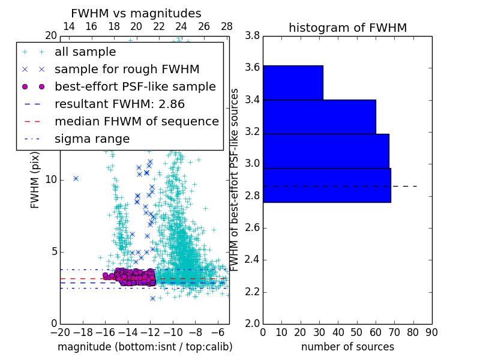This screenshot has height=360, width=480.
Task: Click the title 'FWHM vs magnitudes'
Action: click(136, 13)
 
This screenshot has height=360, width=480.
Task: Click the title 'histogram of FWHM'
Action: click(347, 28)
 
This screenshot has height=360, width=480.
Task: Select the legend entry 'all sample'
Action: click(85, 52)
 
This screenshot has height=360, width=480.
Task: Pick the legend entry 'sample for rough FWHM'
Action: click(127, 69)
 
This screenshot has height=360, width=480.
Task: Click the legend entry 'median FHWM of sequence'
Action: click(136, 121)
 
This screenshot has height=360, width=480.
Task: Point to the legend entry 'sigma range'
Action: click(92, 139)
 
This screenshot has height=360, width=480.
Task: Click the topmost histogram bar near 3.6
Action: click(293, 82)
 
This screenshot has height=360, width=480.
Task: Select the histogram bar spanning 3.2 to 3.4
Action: click(319, 116)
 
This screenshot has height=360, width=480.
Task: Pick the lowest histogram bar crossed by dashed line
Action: click(327, 185)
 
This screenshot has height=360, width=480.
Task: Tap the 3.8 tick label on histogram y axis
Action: click(253, 36)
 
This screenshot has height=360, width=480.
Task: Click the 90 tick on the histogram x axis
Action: click(431, 332)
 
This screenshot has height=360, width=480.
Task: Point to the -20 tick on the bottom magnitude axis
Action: click(60, 332)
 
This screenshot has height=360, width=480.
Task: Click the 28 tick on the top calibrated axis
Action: click(227, 26)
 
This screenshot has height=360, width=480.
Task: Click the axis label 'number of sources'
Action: click(347, 347)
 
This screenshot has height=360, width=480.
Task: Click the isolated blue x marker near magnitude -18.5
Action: click(76, 178)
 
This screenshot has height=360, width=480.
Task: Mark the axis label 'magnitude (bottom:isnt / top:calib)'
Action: click(145, 347)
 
